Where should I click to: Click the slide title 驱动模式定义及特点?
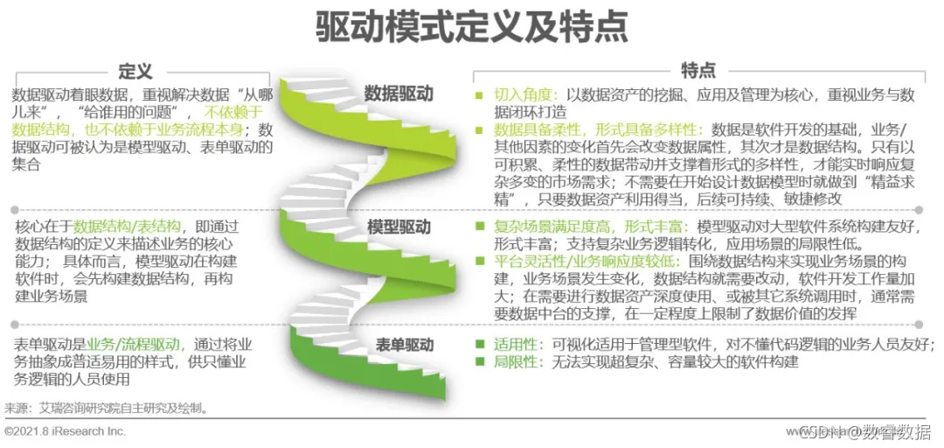(471, 27)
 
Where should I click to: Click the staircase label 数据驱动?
(399, 93)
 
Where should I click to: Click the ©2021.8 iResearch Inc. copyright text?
(66, 431)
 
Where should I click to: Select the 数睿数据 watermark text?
(900, 431)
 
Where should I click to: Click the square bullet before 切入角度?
(478, 95)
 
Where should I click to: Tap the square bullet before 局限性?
(478, 361)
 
